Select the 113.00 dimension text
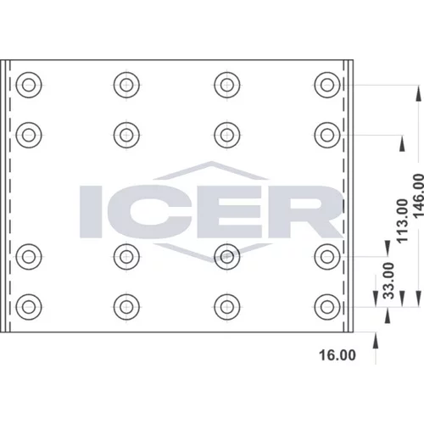pyautogui.click(x=403, y=220)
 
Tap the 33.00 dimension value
pyautogui.click(x=388, y=281)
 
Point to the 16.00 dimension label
pyautogui.click(x=338, y=355)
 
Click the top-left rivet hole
pyautogui.click(x=29, y=85)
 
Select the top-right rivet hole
pyautogui.click(x=327, y=85)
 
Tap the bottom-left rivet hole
pyautogui.click(x=29, y=307)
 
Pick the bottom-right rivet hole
pyautogui.click(x=327, y=307)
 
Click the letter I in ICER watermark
pyautogui.click(x=91, y=211)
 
